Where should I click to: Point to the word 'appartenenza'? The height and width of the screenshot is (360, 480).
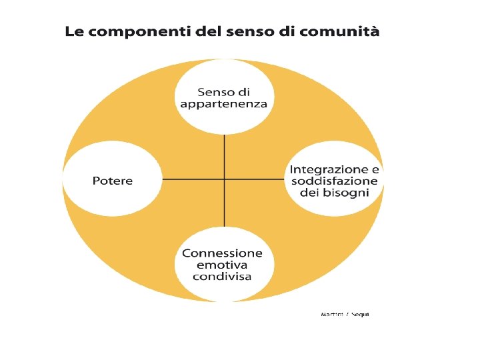coord(224,104)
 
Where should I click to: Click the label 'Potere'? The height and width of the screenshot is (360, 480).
coord(113,181)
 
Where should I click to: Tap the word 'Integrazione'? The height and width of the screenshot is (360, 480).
coord(329,170)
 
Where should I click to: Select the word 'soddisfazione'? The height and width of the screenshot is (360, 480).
coord(333,181)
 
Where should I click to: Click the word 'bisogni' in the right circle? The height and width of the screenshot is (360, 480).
coord(355,193)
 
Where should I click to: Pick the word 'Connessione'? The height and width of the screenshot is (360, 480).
coord(223,253)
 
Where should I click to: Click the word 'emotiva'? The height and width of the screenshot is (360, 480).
coord(222,265)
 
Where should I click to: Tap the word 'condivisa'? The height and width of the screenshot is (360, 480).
coord(222,276)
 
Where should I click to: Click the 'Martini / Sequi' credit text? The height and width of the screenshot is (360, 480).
coord(345,313)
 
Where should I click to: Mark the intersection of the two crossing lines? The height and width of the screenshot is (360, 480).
coord(225,179)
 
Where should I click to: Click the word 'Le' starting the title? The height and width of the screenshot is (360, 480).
coord(73,31)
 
